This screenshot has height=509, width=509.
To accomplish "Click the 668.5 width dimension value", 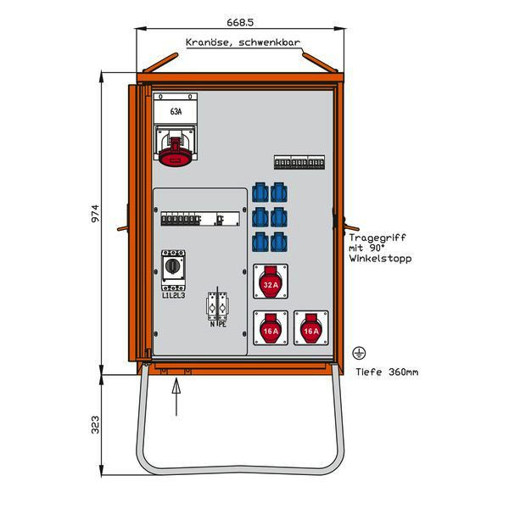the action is click(x=240, y=22).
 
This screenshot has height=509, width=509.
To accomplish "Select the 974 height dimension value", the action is click(x=95, y=213).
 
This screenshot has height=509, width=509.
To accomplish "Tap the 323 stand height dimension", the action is click(x=95, y=425).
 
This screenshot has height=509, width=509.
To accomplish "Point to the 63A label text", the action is click(x=176, y=112).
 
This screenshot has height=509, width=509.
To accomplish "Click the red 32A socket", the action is click(x=271, y=282).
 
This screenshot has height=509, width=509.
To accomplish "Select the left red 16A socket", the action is click(x=271, y=327).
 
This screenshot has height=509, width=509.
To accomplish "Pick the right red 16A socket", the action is click(x=311, y=327).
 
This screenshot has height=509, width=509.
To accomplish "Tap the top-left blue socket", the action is click(x=260, y=193).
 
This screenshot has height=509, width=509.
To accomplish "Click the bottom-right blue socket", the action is click(x=279, y=242).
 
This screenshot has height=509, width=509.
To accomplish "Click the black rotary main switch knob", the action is click(x=173, y=266).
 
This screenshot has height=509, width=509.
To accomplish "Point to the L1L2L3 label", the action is click(x=174, y=295).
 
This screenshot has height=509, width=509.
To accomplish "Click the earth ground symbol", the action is click(x=359, y=353).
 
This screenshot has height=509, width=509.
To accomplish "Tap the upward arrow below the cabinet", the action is click(x=176, y=397).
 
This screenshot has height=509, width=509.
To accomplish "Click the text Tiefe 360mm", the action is click(x=387, y=372).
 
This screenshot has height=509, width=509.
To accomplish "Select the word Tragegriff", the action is click(x=378, y=238).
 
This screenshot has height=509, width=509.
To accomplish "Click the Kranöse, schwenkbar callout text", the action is click(x=243, y=42).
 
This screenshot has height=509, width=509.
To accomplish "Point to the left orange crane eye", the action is click(x=160, y=62).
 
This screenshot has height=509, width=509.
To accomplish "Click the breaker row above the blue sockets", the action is click(x=299, y=162).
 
